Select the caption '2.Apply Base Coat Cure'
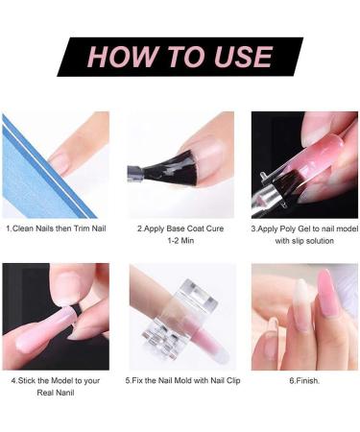(180, 229)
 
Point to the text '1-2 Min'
(180, 242)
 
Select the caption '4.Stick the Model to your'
(55, 380)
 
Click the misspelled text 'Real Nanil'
(55, 393)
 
